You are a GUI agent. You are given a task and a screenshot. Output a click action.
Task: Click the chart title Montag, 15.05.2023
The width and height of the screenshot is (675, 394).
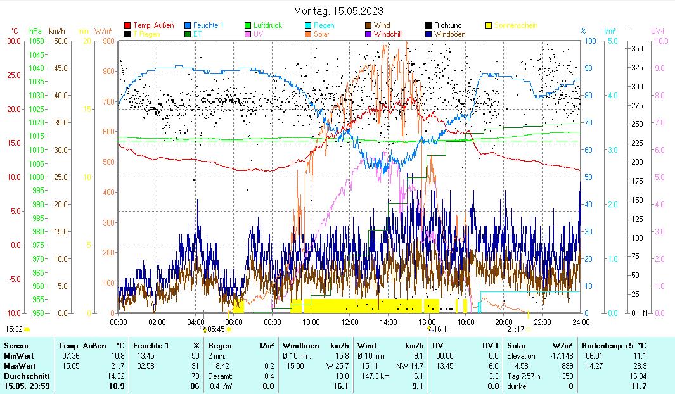click(338, 11)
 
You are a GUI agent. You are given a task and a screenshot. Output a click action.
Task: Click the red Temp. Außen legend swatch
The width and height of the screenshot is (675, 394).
click(127, 25)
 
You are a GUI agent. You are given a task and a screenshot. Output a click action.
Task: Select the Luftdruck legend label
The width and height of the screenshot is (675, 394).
click(267, 25)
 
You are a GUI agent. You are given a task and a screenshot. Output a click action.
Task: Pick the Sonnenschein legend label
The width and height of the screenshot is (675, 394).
click(515, 25)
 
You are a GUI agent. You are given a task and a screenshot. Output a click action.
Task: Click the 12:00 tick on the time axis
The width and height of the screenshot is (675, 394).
click(350, 322)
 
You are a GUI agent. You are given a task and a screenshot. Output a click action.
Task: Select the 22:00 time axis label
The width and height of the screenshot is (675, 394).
click(543, 322)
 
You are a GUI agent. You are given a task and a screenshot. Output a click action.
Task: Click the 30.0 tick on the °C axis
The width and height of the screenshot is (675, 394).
click(13, 41)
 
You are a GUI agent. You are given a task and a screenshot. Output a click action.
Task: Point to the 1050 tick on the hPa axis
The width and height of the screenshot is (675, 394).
click(36, 41)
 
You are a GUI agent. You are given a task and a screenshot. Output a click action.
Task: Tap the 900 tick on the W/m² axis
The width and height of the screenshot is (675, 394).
click(107, 41)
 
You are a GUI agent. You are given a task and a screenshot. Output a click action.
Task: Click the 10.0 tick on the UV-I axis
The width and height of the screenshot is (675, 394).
click(659, 41)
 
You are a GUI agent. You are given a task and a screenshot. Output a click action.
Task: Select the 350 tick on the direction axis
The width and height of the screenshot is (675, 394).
click(638, 49)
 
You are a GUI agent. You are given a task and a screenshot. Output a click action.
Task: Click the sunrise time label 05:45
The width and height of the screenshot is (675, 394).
click(216, 329)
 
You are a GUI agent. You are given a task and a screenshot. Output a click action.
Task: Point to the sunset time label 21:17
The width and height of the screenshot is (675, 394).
click(515, 329)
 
